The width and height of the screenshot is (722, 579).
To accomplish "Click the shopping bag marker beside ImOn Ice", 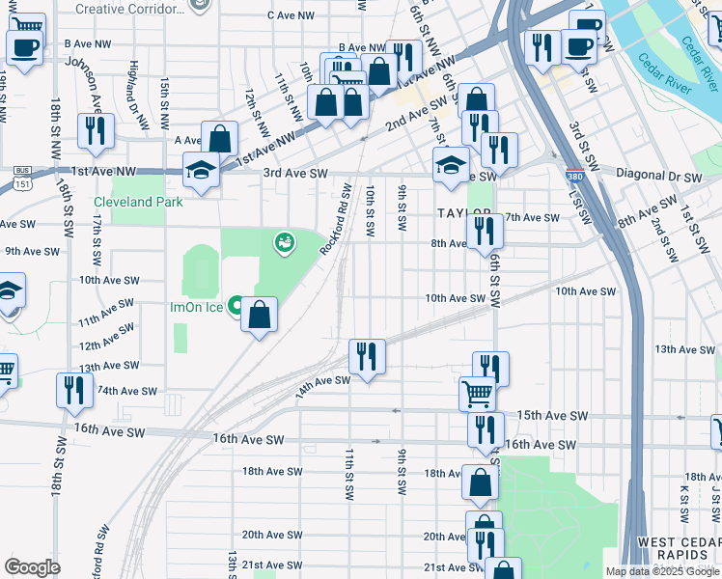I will click(x=259, y=315).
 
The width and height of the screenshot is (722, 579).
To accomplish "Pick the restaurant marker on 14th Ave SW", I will click(x=366, y=356).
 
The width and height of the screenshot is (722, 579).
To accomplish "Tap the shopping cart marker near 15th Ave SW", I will click(x=477, y=393).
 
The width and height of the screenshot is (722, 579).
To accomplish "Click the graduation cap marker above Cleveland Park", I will click(x=201, y=171).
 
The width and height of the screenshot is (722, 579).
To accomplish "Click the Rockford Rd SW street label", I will click(x=334, y=221).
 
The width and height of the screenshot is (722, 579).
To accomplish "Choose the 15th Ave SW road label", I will click(x=552, y=415).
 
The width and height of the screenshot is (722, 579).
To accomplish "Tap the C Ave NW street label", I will click(x=291, y=15).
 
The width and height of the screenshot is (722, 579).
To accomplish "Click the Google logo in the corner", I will click(x=32, y=567).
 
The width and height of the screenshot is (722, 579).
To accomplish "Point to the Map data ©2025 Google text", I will click(x=661, y=571).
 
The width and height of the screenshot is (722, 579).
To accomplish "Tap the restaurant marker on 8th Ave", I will click(x=484, y=231).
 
